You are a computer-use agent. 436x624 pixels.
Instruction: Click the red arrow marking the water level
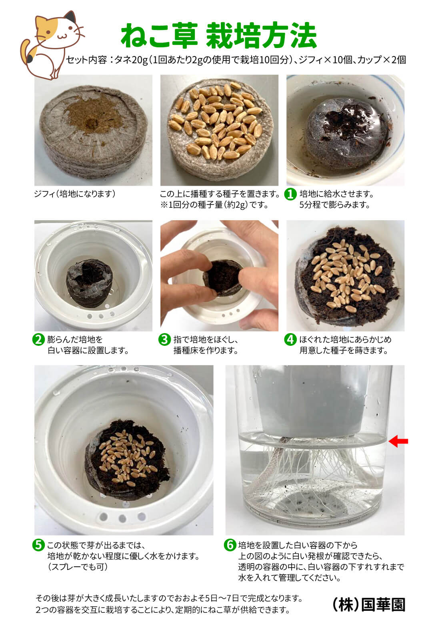pyautogui.click(x=398, y=441)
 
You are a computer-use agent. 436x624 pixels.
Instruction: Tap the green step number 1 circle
pyautogui.click(x=290, y=194)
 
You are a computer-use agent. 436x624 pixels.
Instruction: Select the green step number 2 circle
pyautogui.click(x=38, y=339)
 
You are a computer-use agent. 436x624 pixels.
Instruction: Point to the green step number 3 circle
pyautogui.click(x=164, y=339)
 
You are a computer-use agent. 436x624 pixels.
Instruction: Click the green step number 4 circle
pyautogui.click(x=290, y=339)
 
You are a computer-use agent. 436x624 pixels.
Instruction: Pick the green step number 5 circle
pyautogui.click(x=38, y=545)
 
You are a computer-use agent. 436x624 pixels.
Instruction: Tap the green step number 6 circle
pyautogui.click(x=230, y=545)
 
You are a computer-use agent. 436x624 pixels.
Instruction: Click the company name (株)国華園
pyautogui.click(x=369, y=605)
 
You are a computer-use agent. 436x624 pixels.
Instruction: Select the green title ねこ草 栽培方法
pyautogui.click(x=219, y=35)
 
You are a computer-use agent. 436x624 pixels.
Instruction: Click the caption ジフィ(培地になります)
pyautogui.click(x=75, y=194)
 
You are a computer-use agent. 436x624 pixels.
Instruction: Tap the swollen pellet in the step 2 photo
pyautogui.click(x=88, y=283)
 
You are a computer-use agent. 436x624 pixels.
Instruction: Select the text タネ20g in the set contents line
pyautogui.click(x=131, y=60)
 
